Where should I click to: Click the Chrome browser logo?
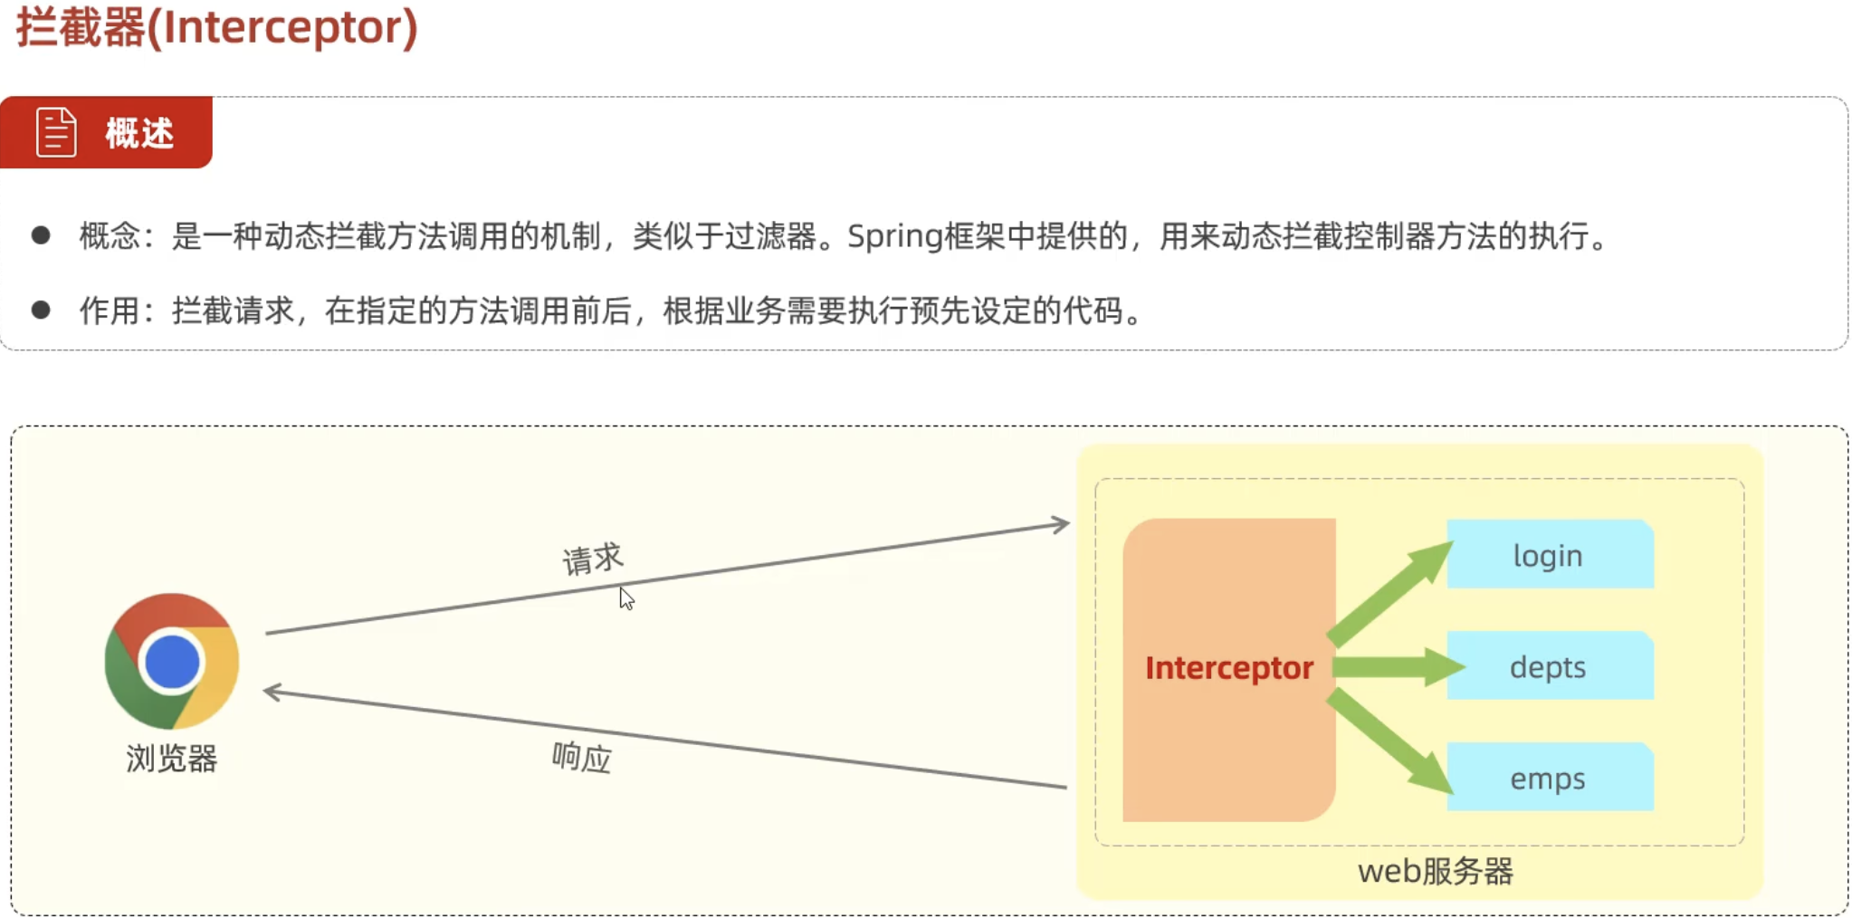click(171, 661)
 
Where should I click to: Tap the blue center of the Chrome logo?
click(171, 662)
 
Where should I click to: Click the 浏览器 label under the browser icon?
click(171, 759)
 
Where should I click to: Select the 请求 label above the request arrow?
click(593, 559)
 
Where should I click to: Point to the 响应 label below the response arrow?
click(582, 757)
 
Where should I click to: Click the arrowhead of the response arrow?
click(272, 693)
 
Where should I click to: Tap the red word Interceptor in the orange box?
click(1228, 668)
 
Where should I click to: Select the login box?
click(1549, 555)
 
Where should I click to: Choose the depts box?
click(1549, 667)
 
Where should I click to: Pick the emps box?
click(1549, 779)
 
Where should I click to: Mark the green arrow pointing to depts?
click(1397, 668)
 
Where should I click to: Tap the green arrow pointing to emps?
click(1389, 741)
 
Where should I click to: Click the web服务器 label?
click(1435, 872)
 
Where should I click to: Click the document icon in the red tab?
click(56, 132)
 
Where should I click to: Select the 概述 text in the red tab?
click(139, 133)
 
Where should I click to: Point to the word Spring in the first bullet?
click(894, 237)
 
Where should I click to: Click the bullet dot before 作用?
click(41, 311)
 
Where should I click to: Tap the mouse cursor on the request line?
click(626, 598)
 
